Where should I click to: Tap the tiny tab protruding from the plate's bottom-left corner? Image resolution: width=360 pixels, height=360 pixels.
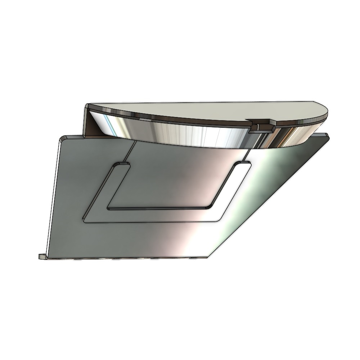coord(41,256)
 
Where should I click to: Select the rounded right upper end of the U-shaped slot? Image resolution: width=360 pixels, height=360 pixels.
coord(243,164)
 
